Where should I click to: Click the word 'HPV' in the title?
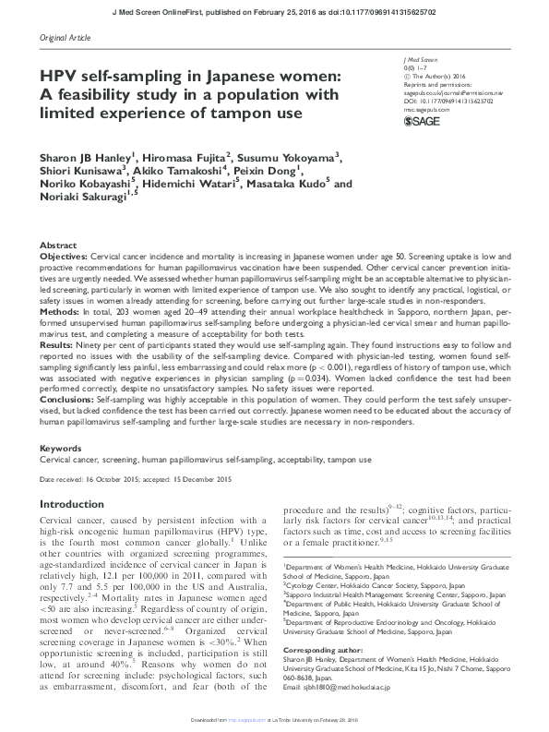tap(63, 76)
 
